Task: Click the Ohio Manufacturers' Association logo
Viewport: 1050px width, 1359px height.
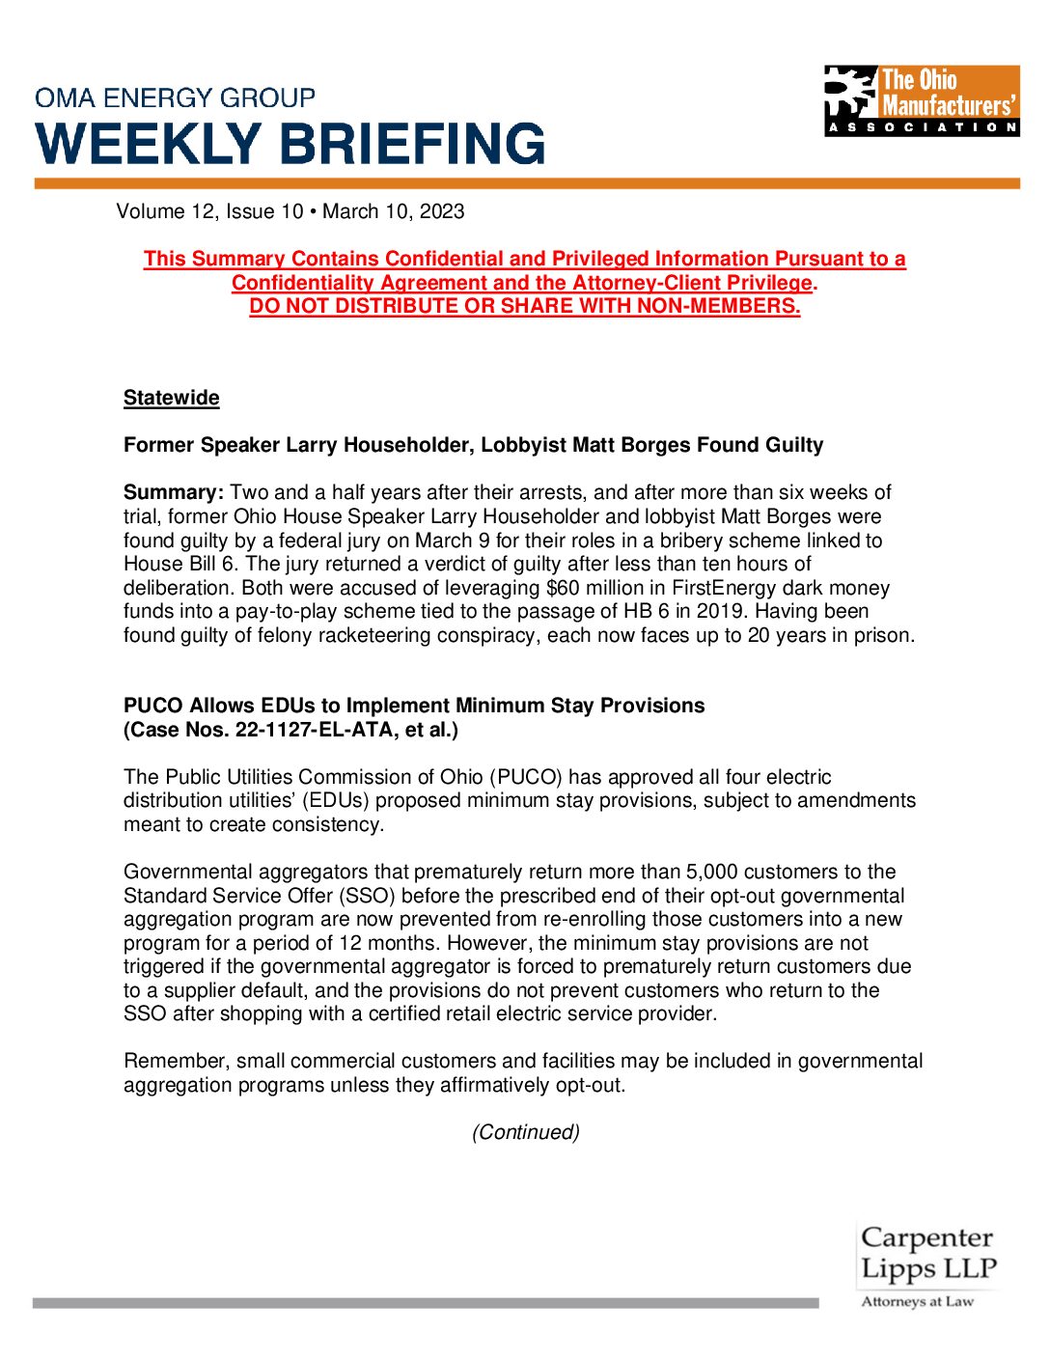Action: [922, 100]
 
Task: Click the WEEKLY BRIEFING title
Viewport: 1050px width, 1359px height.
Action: [290, 144]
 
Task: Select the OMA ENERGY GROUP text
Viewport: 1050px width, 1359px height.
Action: [175, 97]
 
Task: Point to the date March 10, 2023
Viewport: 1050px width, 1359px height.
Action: [393, 211]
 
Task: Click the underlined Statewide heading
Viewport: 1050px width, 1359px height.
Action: [171, 398]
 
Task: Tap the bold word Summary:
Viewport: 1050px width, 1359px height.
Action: [174, 492]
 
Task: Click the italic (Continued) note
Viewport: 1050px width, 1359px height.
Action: [525, 1132]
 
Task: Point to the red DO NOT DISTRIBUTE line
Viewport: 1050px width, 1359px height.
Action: [524, 306]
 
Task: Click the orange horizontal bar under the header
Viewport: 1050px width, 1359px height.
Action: [527, 183]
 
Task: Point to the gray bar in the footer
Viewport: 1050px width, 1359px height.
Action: [425, 1303]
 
